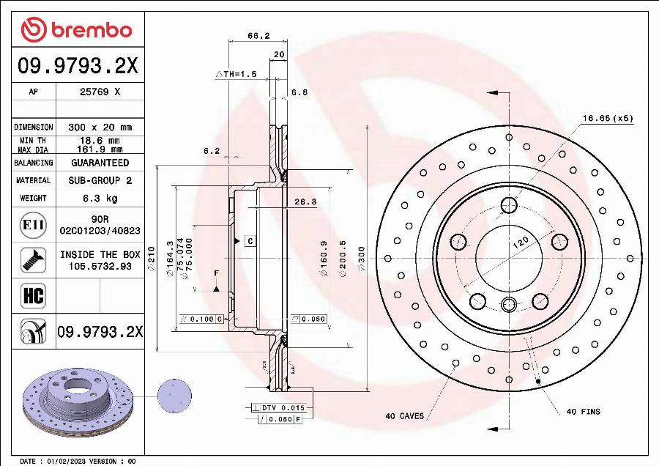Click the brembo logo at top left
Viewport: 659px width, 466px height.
click(x=77, y=30)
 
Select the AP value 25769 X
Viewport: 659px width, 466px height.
click(x=100, y=92)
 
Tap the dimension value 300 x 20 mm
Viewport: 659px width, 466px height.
click(x=100, y=127)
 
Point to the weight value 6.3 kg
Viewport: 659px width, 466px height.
click(x=100, y=198)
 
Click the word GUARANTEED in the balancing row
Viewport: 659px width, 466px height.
click(x=100, y=163)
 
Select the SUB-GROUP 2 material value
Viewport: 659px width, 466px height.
click(x=100, y=180)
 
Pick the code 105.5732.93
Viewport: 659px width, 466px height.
click(x=100, y=266)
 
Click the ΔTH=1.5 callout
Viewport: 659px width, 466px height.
click(x=236, y=74)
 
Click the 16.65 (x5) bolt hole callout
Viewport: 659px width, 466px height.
click(x=607, y=118)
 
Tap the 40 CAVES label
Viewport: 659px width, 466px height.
click(x=404, y=416)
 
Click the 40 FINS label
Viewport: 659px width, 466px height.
click(x=583, y=412)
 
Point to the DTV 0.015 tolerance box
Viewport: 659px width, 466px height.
click(x=283, y=407)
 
